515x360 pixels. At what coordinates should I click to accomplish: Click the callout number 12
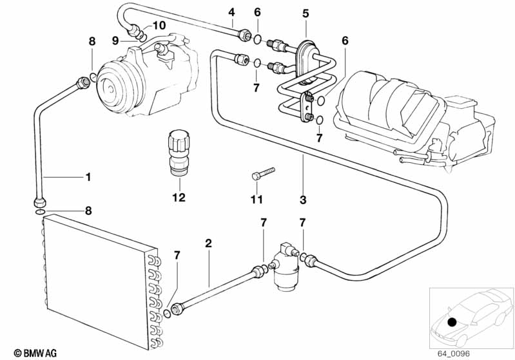tap(179, 197)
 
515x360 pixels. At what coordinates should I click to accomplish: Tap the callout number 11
tap(257, 199)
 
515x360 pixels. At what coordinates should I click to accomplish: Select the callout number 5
tap(306, 14)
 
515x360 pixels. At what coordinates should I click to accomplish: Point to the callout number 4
tap(232, 12)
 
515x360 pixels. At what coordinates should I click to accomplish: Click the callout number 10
tap(159, 25)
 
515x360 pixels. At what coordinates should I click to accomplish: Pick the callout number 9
tap(115, 41)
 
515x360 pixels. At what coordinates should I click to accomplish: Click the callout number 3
tap(303, 200)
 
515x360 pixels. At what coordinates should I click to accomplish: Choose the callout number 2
tap(208, 243)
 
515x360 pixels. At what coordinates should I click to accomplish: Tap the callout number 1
tap(88, 177)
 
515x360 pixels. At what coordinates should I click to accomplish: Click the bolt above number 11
tap(263, 173)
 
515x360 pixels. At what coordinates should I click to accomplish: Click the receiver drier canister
tap(286, 267)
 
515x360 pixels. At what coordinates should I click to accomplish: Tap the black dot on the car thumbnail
tap(452, 323)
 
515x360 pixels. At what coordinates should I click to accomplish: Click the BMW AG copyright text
tap(35, 353)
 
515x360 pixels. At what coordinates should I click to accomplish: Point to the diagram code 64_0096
tap(453, 354)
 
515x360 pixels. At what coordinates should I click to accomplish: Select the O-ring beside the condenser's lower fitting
tap(167, 314)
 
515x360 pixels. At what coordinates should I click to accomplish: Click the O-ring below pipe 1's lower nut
tap(40, 212)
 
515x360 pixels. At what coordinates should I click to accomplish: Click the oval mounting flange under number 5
tap(307, 62)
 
